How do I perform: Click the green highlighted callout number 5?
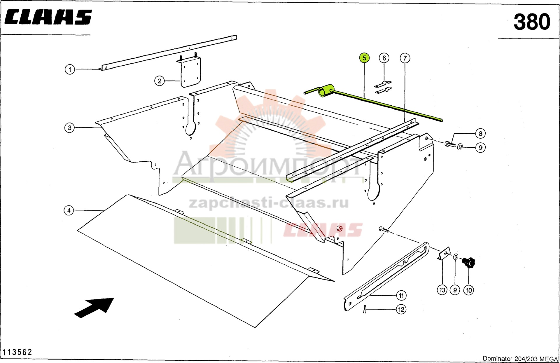click(x=364, y=58)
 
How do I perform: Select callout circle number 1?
click(x=70, y=69)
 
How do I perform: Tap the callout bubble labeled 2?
click(x=160, y=81)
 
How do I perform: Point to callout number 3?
click(x=69, y=128)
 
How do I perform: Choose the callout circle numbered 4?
click(x=69, y=210)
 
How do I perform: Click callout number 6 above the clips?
click(x=384, y=58)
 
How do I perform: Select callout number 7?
click(x=405, y=58)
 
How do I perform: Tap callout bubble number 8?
click(x=480, y=134)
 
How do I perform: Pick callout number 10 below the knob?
click(x=469, y=290)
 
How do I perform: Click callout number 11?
click(x=401, y=296)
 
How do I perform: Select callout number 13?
click(x=442, y=290)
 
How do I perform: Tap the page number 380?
click(x=532, y=22)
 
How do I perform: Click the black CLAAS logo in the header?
click(x=48, y=17)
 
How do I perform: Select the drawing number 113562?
click(x=17, y=352)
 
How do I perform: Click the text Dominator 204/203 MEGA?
click(x=520, y=359)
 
